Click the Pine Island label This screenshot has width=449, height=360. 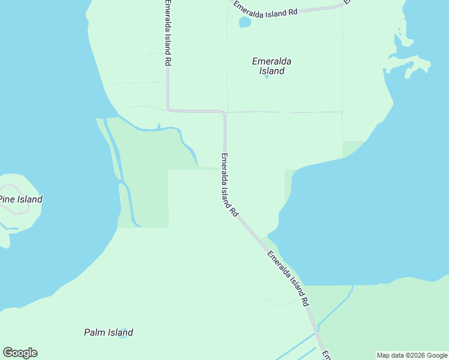tap(21, 199)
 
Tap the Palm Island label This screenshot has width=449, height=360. tap(108, 332)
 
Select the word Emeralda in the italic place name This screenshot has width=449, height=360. tap(271, 61)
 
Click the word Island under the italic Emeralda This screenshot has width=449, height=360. tap(272, 71)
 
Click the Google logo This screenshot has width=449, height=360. tap(20, 353)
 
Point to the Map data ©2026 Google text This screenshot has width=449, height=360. tap(411, 355)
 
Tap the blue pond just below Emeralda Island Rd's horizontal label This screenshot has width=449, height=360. tap(245, 22)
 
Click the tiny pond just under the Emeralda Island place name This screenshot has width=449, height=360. tap(267, 77)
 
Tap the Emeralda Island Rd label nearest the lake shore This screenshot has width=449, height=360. tap(288, 278)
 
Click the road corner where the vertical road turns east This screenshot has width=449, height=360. tap(169, 109)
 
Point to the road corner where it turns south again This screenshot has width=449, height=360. tap(224, 113)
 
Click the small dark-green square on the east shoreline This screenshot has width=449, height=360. tap(354, 148)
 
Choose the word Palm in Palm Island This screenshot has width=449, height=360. tap(95, 332)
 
